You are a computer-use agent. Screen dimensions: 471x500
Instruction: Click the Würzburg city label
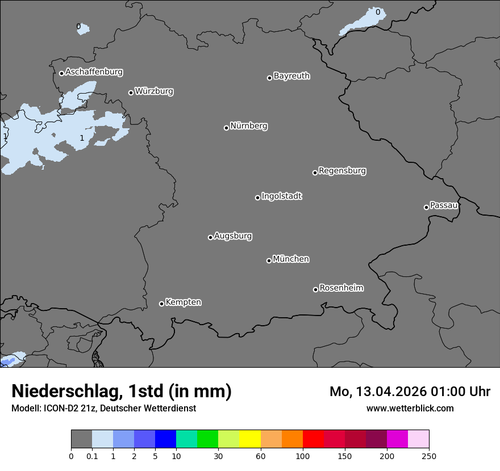(x=154, y=91)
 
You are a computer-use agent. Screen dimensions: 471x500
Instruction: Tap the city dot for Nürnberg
(x=226, y=128)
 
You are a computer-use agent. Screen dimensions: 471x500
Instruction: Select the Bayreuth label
(x=291, y=75)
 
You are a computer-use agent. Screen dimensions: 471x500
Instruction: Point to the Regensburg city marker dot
(x=315, y=173)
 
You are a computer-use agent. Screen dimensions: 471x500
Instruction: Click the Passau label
(x=444, y=205)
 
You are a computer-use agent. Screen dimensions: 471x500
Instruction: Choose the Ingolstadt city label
(x=281, y=196)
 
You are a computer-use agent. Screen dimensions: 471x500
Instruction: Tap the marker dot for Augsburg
(x=210, y=237)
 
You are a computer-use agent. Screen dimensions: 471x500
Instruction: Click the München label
(x=291, y=259)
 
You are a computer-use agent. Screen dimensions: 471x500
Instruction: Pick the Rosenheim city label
(x=341, y=288)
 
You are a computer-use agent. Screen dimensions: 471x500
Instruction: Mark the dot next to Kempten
(x=161, y=304)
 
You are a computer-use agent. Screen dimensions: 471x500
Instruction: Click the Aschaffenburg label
(x=94, y=72)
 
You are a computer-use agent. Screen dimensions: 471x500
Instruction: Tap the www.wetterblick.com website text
(x=410, y=408)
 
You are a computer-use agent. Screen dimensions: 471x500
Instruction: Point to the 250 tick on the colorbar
(x=429, y=456)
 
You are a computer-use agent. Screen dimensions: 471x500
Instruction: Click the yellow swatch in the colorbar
(x=250, y=439)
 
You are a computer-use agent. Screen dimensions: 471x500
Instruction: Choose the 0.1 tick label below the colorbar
(x=92, y=456)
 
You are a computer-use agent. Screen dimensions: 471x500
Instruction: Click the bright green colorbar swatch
(x=208, y=439)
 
